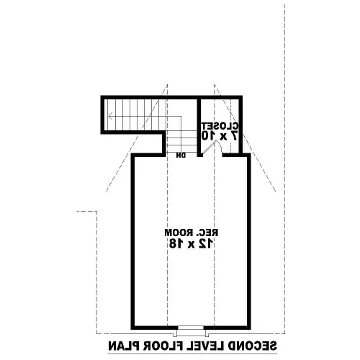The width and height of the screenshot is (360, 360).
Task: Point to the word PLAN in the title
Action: click(x=123, y=346)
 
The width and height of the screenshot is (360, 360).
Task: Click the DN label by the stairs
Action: click(x=181, y=156)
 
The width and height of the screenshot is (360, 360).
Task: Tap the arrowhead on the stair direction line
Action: click(x=110, y=117)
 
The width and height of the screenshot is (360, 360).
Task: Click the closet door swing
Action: click(x=212, y=147)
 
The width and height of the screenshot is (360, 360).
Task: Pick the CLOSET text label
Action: click(x=220, y=126)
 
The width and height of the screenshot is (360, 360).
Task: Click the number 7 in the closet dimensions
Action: click(x=235, y=136)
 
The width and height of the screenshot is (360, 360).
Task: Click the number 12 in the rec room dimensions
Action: click(x=205, y=243)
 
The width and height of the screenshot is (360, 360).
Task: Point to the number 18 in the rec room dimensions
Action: click(x=176, y=243)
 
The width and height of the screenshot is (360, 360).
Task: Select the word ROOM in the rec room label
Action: click(x=179, y=233)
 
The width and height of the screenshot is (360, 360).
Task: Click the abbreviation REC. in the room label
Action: click(x=207, y=233)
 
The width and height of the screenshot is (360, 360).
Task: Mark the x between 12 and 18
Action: click(x=191, y=245)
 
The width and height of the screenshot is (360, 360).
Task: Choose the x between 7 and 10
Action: click(x=223, y=137)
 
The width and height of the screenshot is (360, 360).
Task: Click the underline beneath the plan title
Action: click(x=192, y=354)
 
